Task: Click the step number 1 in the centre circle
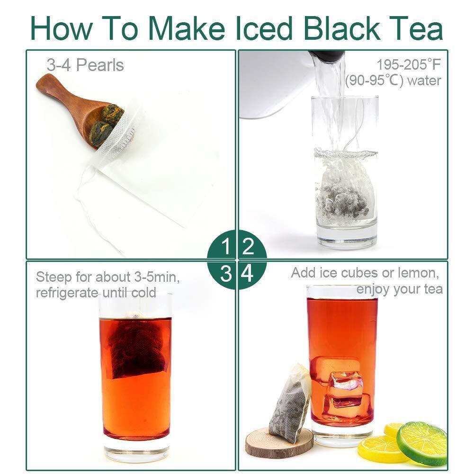coord(226,246)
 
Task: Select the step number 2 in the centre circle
coord(248,246)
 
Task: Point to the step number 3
coord(226,274)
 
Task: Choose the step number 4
coord(248,274)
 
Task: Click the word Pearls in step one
coord(100,65)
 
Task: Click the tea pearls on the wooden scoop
coord(106,123)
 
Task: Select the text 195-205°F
coord(409,65)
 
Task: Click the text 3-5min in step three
coord(157,277)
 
